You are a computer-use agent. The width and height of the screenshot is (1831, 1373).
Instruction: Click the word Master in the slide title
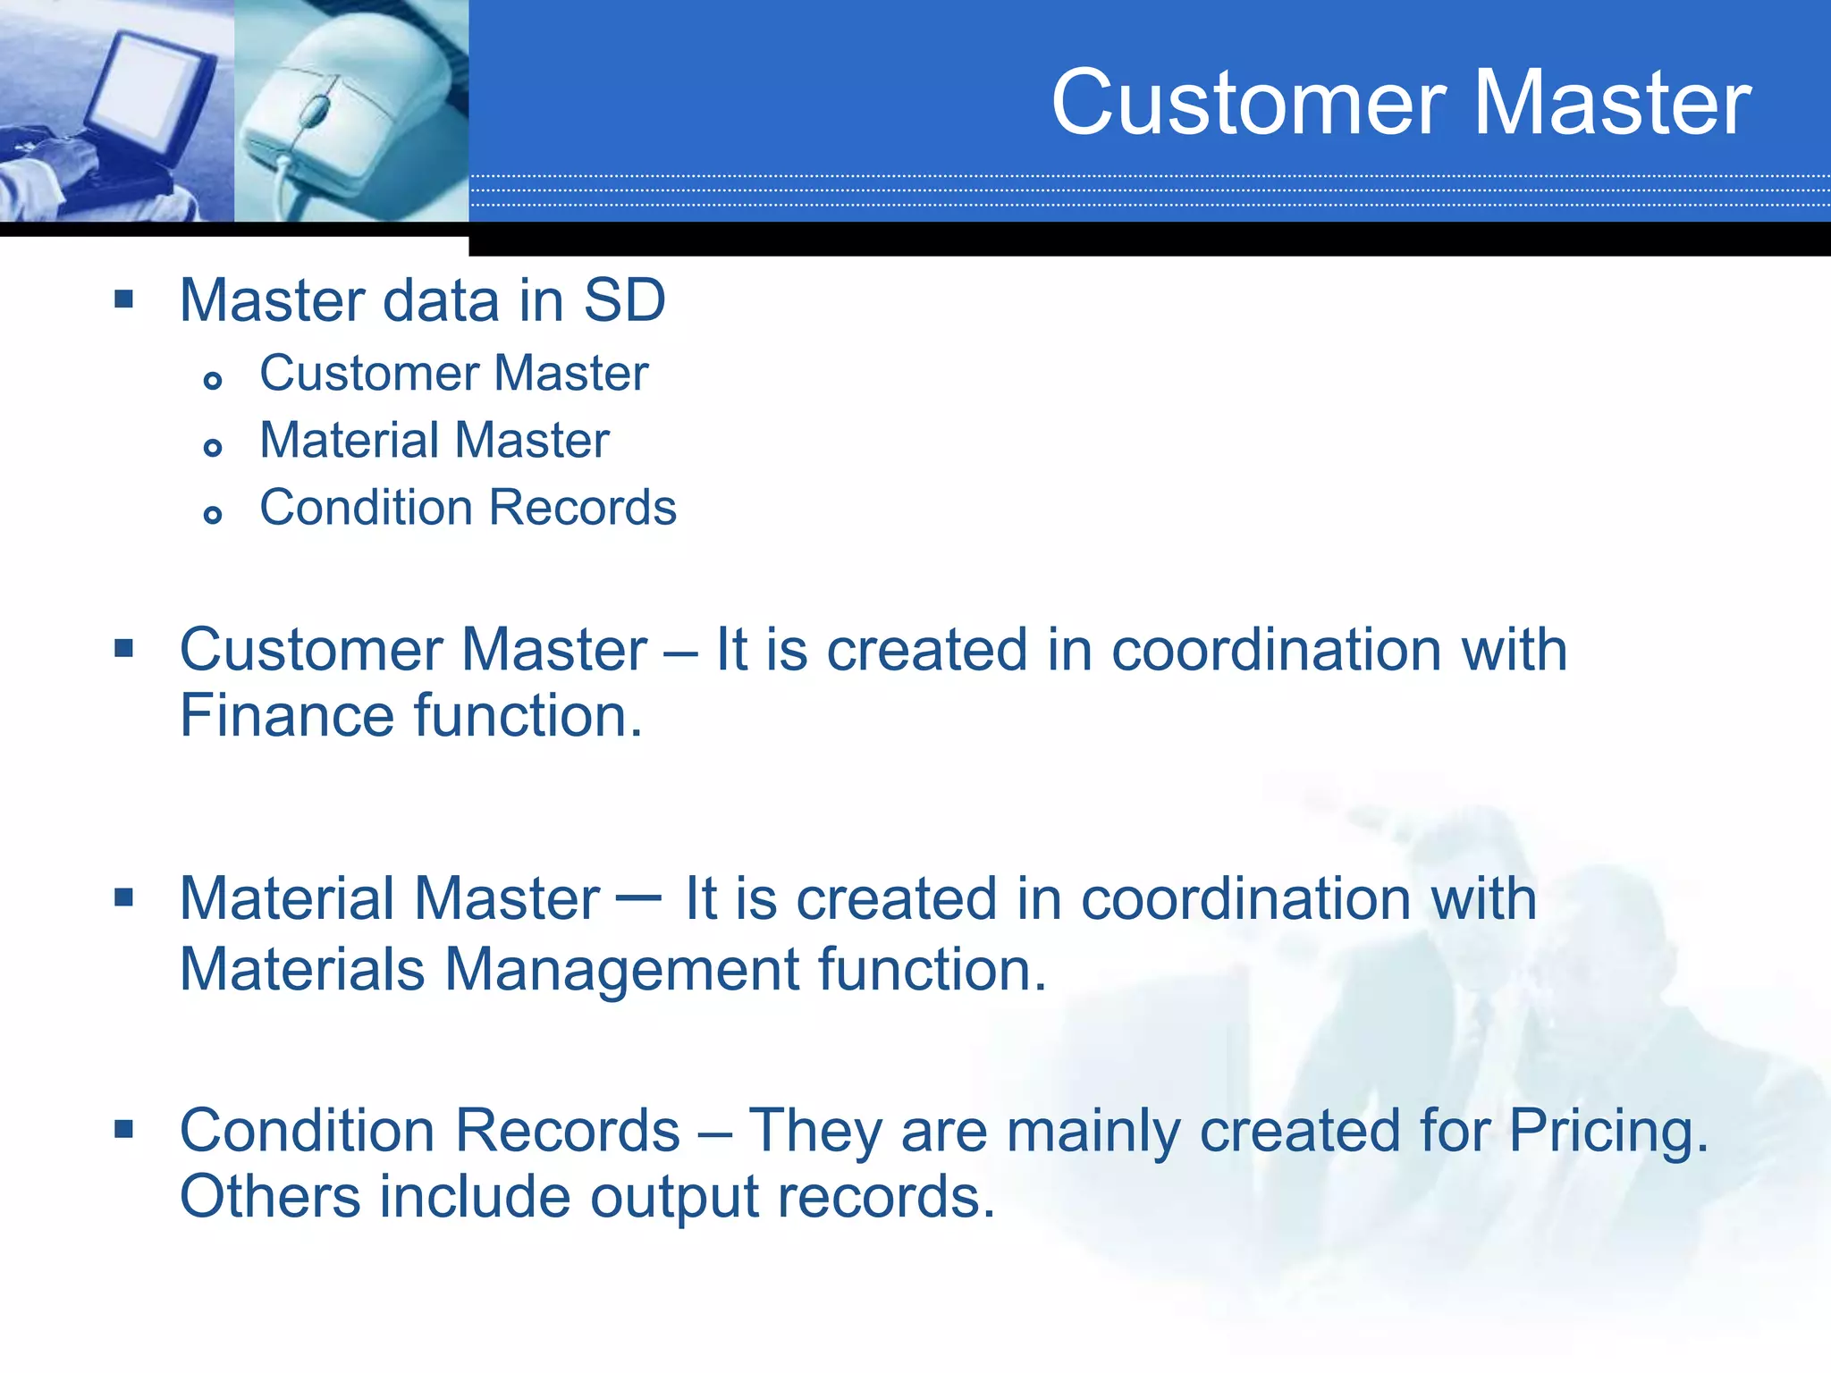1611,104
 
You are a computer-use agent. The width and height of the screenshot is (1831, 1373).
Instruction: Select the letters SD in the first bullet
624,300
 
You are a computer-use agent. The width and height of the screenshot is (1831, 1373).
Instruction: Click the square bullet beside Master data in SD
124,299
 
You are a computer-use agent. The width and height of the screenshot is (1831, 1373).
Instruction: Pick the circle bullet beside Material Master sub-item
213,447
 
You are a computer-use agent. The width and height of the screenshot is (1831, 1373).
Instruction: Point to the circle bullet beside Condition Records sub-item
213,514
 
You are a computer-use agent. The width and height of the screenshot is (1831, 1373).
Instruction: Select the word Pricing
1607,1132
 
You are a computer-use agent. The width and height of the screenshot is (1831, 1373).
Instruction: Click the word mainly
1093,1132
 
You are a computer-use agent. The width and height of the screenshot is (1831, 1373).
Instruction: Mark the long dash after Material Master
639,897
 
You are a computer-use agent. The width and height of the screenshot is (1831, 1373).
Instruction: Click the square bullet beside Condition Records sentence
124,1129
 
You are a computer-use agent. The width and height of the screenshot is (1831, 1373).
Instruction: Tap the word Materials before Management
302,970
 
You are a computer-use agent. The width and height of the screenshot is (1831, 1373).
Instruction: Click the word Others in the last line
270,1198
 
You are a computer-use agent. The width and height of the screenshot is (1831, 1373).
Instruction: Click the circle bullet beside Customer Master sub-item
213,381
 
